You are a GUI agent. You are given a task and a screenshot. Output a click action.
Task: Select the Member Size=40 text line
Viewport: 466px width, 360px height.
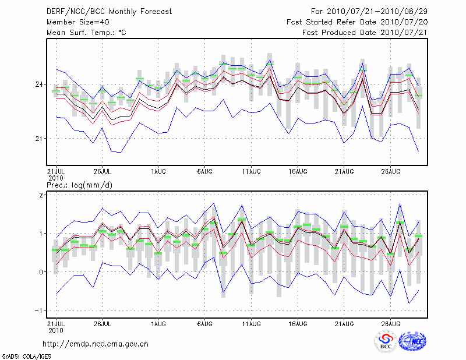pyautogui.click(x=78, y=22)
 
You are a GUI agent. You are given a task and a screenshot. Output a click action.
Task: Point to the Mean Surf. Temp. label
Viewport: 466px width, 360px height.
pyautogui.click(x=86, y=33)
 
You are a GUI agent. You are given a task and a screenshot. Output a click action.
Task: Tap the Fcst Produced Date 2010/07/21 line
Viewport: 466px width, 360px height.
pyautogui.click(x=365, y=33)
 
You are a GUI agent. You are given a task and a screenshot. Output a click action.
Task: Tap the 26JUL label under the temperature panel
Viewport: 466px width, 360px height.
pyautogui.click(x=103, y=172)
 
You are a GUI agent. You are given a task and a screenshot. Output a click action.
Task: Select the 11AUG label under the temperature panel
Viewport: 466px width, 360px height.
pyautogui.click(x=251, y=172)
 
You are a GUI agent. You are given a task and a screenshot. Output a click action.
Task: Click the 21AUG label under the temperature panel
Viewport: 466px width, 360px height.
pyautogui.click(x=344, y=172)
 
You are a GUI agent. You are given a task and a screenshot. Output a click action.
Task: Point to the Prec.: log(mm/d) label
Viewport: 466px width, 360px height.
pyautogui.click(x=80, y=185)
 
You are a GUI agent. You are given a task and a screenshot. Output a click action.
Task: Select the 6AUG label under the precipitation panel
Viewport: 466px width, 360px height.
pyautogui.click(x=204, y=322)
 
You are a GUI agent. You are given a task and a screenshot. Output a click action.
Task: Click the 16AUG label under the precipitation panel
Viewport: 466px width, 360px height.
pyautogui.click(x=298, y=322)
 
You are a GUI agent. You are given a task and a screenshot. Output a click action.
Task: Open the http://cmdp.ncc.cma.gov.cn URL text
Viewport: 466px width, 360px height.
pyautogui.click(x=96, y=344)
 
